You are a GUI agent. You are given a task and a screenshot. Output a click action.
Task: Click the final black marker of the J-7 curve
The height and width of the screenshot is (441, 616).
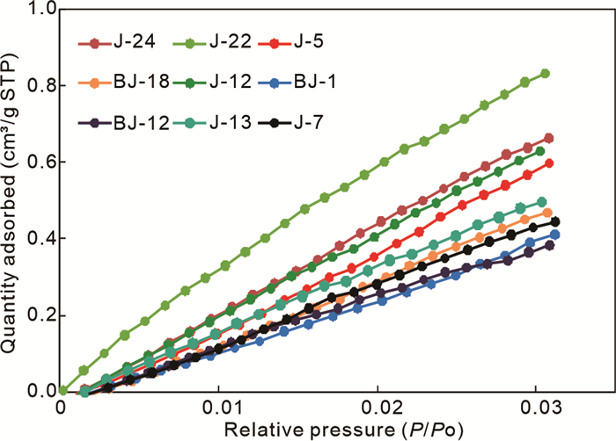[x=554, y=222]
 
